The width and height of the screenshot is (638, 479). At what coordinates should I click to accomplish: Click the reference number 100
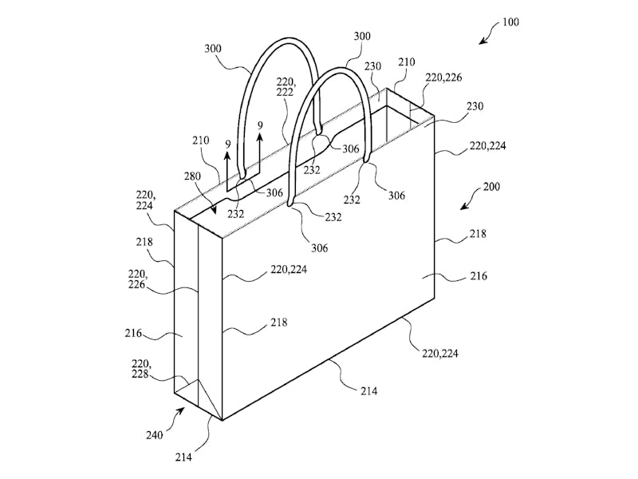tap(510, 22)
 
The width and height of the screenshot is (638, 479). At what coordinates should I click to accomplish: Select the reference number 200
tap(491, 187)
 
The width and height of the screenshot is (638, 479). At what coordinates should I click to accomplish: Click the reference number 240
tap(155, 435)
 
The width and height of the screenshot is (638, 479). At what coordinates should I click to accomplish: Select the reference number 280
tap(192, 176)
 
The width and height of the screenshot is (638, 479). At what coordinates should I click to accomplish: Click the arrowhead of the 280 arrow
tap(213, 211)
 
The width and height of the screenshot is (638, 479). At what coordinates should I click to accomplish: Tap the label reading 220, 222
tap(285, 88)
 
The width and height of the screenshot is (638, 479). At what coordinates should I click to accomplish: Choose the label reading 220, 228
tap(140, 369)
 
